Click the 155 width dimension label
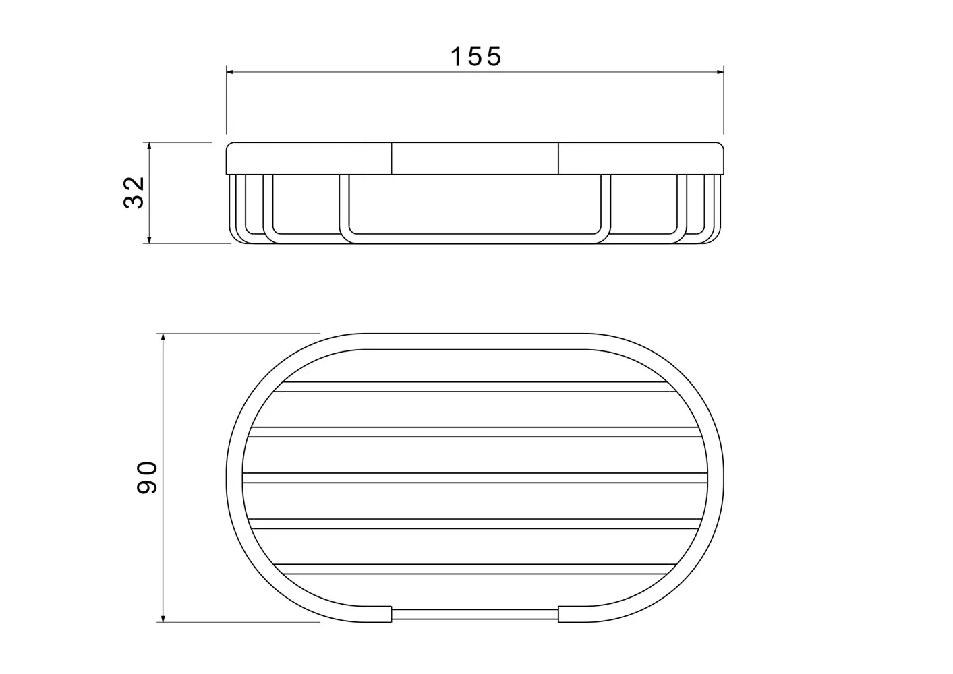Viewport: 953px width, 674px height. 476,57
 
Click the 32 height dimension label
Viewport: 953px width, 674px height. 134,193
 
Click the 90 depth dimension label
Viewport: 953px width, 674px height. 147,478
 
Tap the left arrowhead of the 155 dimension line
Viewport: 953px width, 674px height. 230,72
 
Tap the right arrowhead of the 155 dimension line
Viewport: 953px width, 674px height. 720,72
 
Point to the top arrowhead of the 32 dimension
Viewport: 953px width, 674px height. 149,146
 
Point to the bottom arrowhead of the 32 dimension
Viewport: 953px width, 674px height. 149,239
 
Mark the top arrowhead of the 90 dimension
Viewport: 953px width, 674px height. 163,338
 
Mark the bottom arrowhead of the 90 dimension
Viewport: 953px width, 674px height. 163,618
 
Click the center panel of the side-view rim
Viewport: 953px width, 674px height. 475,158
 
